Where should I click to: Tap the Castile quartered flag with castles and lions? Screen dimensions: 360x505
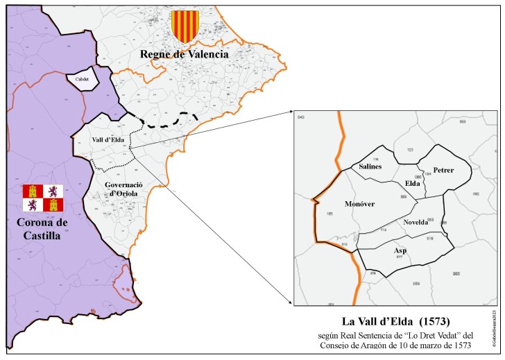(43, 198)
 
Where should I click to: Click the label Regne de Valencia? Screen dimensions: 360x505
(185, 53)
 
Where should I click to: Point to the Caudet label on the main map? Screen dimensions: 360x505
(82, 79)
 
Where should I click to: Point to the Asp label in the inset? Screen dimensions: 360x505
(400, 250)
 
